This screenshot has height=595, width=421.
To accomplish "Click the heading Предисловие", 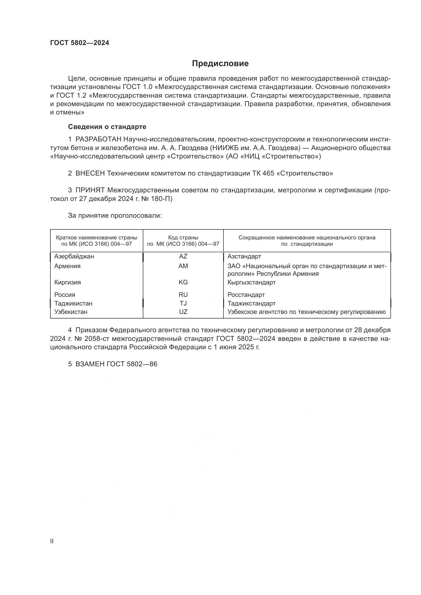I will [220, 64].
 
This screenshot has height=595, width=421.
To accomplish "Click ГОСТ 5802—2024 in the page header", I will [80, 43].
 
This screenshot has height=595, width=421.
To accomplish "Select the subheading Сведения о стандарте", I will [107, 127].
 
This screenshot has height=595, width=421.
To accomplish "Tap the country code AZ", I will [183, 256].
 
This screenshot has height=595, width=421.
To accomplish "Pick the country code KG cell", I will [183, 282].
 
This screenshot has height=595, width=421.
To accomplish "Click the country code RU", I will [183, 295].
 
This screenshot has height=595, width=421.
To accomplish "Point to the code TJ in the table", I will [183, 303].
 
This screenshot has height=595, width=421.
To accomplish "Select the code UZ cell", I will [183, 312].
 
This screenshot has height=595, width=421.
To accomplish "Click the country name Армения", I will [67, 266].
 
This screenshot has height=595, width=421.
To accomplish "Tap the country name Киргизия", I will [67, 282].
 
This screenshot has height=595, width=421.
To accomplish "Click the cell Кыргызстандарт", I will [251, 282].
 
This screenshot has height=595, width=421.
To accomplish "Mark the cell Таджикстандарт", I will [251, 303].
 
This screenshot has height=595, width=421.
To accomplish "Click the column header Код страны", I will [183, 237].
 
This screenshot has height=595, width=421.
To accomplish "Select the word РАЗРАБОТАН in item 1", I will [98, 139].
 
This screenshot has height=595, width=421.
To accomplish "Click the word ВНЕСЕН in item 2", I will [90, 173].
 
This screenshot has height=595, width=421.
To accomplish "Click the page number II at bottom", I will [52, 541].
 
